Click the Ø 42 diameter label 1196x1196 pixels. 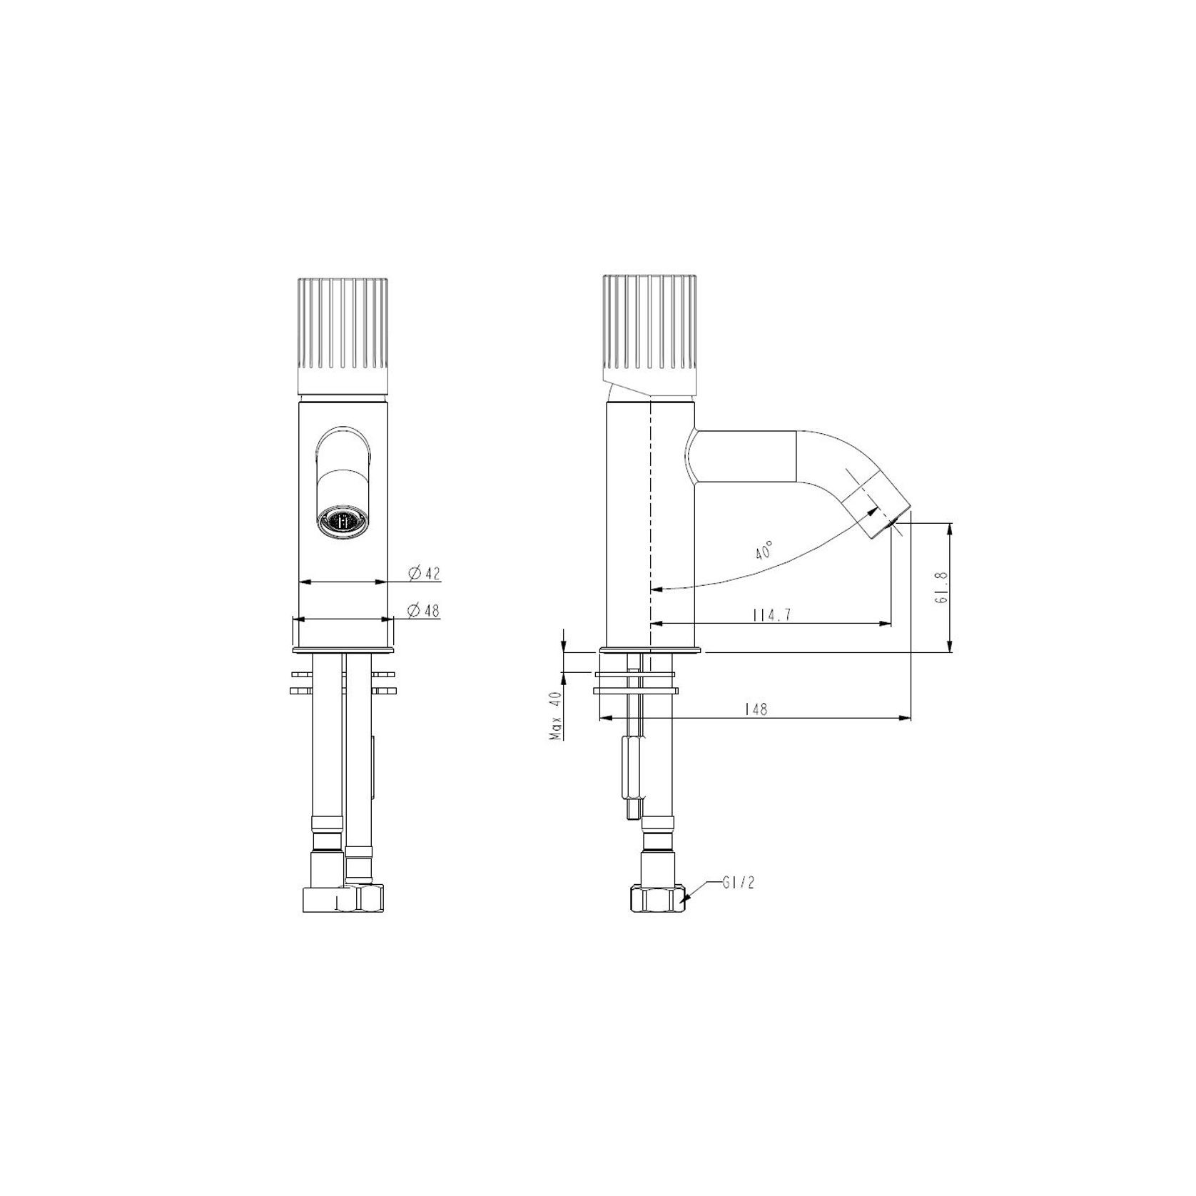point(424,572)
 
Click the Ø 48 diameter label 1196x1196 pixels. point(424,610)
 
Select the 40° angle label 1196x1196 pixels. point(764,550)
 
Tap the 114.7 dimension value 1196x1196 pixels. point(772,615)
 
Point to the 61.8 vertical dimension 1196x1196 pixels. point(940,587)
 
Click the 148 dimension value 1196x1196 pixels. point(756,709)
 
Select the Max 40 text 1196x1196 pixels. point(557,716)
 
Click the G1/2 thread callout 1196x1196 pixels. point(739,883)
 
